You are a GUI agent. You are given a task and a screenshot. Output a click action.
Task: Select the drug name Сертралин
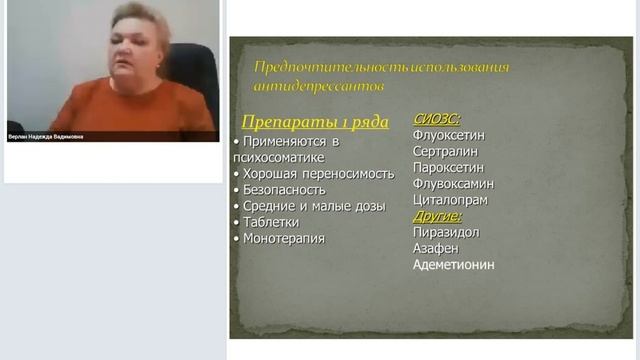(x=445, y=151)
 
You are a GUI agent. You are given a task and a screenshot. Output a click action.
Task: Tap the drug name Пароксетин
(x=448, y=167)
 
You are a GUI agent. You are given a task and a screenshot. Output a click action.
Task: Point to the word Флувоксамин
(x=453, y=183)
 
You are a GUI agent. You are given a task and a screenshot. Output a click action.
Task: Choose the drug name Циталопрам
(x=450, y=199)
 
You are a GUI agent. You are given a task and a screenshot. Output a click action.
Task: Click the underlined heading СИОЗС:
(x=436, y=118)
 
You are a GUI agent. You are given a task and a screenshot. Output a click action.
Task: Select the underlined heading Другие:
(x=437, y=215)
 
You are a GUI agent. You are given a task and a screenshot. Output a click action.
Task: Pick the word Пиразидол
(x=446, y=232)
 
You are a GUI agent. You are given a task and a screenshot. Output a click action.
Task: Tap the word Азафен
(x=436, y=248)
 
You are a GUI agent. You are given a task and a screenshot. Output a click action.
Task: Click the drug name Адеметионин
(x=453, y=264)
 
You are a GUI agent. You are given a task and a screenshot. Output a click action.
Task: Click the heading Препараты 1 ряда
(x=316, y=121)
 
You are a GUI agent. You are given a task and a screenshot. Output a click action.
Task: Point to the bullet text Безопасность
(x=283, y=189)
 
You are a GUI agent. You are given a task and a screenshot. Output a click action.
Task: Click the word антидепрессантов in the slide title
(x=319, y=86)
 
